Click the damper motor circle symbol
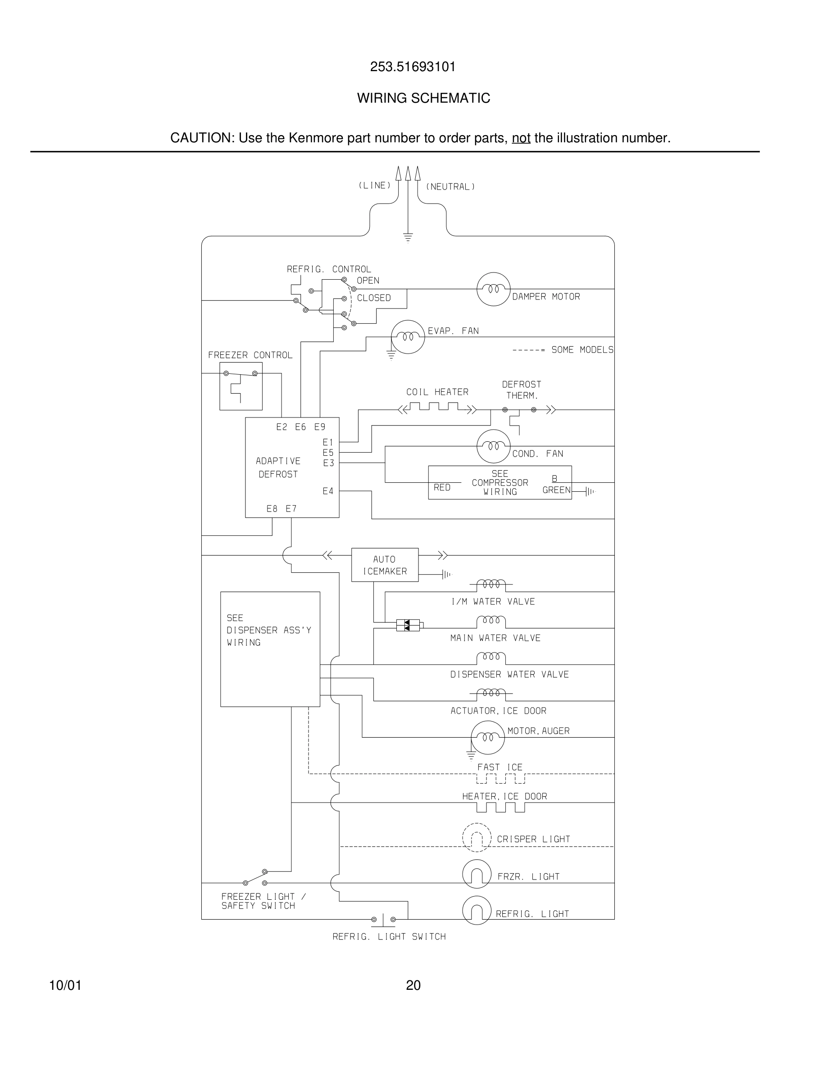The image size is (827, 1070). coord(493,289)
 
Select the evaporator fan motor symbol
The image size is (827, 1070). coord(408,336)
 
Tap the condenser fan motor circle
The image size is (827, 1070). coord(493,446)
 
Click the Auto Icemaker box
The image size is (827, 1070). coord(385,565)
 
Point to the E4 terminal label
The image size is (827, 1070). coord(328,491)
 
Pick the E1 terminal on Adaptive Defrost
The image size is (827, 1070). coord(328,442)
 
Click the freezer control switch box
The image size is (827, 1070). coord(241,386)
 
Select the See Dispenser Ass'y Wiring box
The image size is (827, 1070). coord(270,649)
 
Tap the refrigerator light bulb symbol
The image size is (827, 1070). coord(476,910)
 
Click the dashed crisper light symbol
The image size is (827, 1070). coord(476,837)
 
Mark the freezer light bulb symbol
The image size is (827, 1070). coord(476,874)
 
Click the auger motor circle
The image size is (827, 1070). coord(487,737)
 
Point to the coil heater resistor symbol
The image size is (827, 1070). coord(437,408)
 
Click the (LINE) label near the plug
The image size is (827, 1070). coord(375,185)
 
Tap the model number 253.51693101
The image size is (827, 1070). coord(413,67)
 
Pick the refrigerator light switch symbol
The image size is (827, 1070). coord(383,920)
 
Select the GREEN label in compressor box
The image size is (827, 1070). coord(556,490)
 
